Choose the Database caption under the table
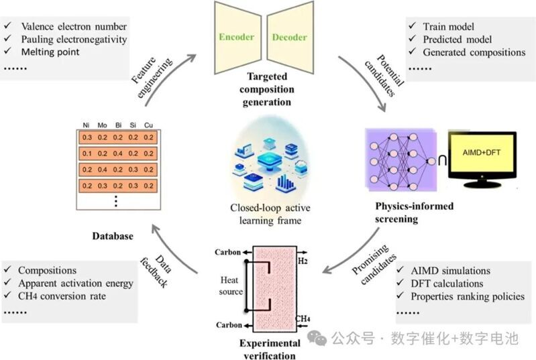click(113, 237)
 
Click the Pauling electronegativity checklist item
click(74, 39)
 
